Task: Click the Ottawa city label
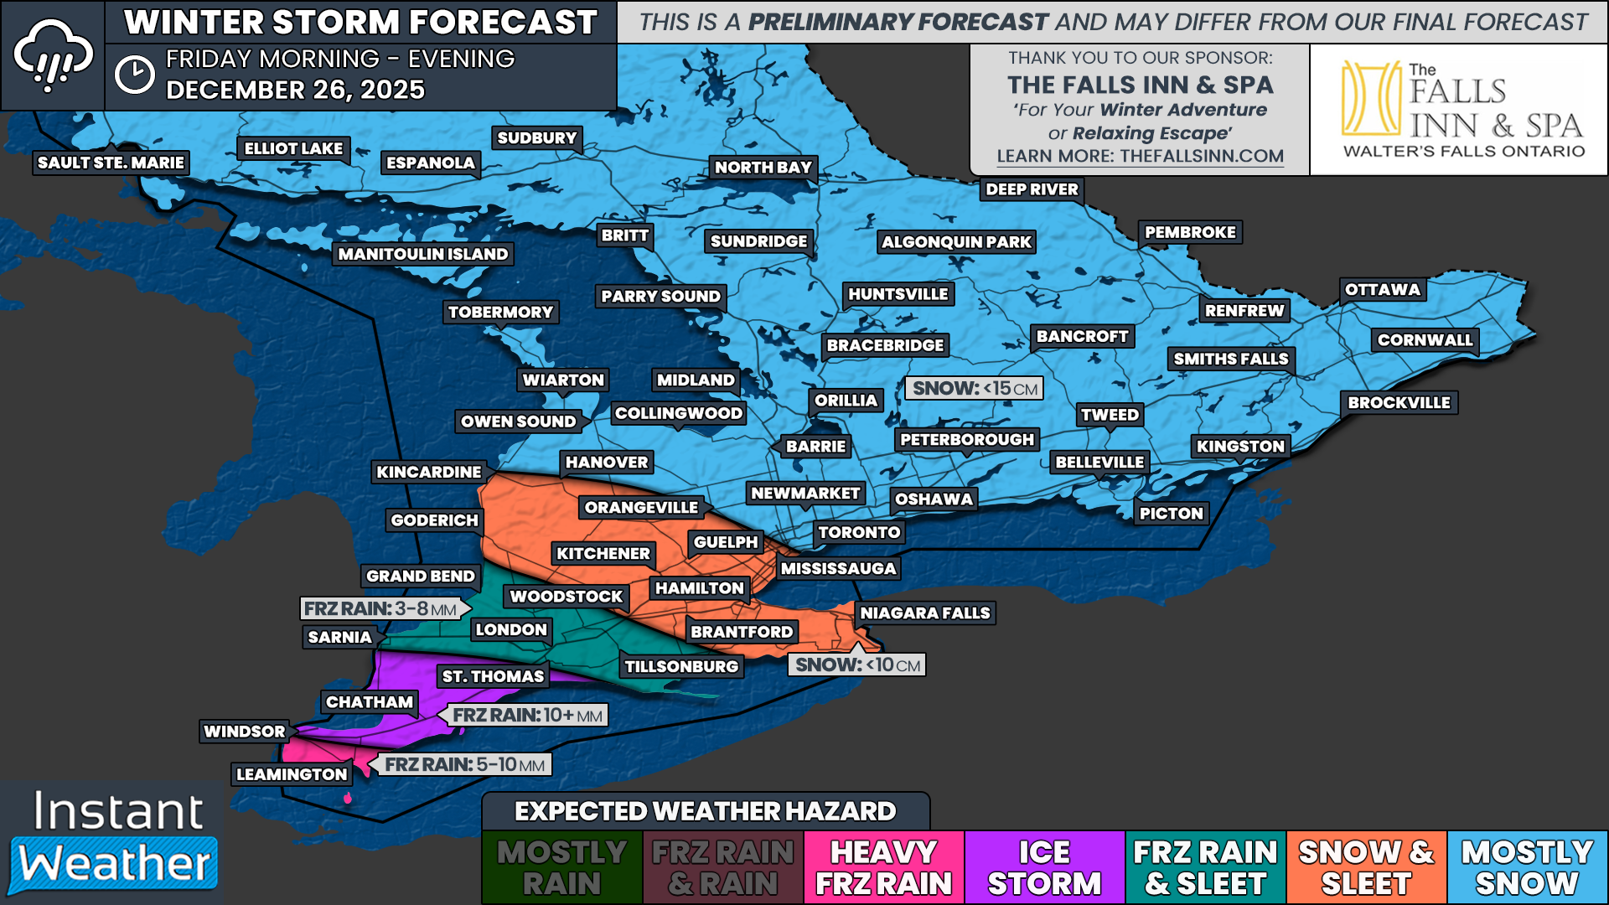tap(1383, 290)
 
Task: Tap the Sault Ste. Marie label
tap(111, 163)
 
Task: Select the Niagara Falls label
tap(925, 613)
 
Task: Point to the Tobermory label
tap(500, 313)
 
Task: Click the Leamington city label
tap(292, 774)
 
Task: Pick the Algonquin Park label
tap(956, 242)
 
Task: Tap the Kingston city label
tap(1240, 447)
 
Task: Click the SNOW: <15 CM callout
tap(974, 389)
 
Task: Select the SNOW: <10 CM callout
tap(856, 665)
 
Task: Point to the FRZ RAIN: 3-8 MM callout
tap(381, 609)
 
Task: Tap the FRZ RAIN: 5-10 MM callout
tap(463, 765)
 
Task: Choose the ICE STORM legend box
tap(1044, 868)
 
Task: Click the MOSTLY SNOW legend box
tap(1527, 868)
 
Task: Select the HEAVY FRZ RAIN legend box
tap(883, 868)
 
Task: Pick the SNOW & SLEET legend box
tap(1366, 868)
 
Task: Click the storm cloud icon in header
tap(52, 55)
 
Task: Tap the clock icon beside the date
tap(134, 75)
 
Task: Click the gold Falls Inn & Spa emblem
tap(1371, 98)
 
